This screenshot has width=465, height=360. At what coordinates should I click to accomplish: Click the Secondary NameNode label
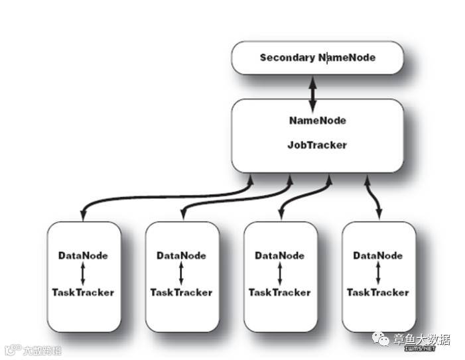coord(317,58)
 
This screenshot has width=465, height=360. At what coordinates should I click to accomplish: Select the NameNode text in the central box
coord(317,121)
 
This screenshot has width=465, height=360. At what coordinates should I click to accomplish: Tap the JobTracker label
coord(317,144)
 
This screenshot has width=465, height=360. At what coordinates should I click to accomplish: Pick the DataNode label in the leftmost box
coord(83,255)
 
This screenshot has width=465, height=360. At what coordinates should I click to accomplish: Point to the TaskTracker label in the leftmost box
coord(83,292)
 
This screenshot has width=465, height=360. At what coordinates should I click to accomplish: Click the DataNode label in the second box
coord(182,255)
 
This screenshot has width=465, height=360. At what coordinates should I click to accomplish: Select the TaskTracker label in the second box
coord(181,292)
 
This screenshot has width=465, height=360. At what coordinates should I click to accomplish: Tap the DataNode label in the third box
coord(280,255)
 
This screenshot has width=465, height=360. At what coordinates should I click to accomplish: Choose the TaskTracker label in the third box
coord(280,292)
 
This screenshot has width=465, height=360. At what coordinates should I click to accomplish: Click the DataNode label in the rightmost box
coord(378,255)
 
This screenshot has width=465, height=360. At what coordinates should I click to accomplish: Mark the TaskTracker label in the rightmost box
coord(378,292)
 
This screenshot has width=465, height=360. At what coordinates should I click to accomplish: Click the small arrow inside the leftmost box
coord(83,273)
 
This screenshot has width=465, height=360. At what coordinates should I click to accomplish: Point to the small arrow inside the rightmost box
coord(378,273)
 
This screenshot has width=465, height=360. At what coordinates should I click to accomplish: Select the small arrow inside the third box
coord(280,273)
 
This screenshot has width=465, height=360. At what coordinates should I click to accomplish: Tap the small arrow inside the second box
coord(181,273)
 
